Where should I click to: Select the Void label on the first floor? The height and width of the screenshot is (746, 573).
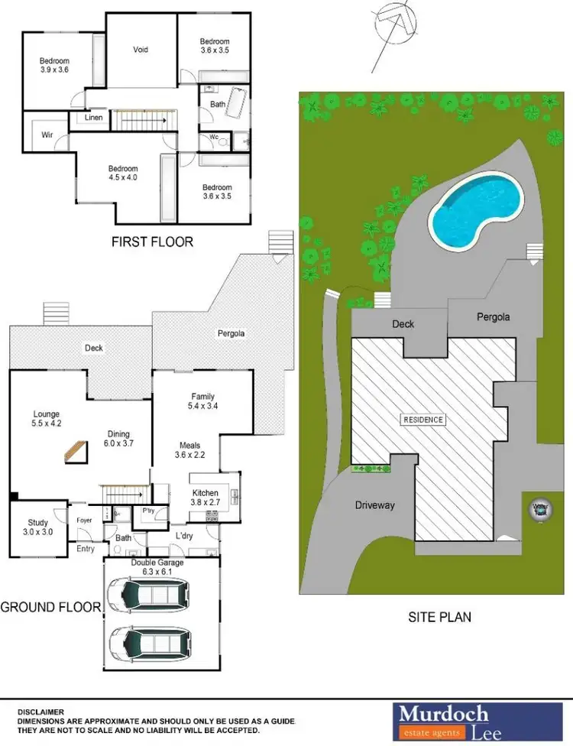141,50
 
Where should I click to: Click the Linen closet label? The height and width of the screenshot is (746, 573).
93,118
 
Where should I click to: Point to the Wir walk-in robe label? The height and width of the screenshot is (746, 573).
47,135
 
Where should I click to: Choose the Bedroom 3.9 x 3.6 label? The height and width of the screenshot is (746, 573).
54,66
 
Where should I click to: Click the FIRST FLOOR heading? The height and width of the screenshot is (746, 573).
152,242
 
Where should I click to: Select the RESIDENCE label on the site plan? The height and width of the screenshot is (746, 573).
423,420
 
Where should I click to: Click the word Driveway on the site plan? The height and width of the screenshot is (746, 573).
374,505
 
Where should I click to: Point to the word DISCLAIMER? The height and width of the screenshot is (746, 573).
42,712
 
